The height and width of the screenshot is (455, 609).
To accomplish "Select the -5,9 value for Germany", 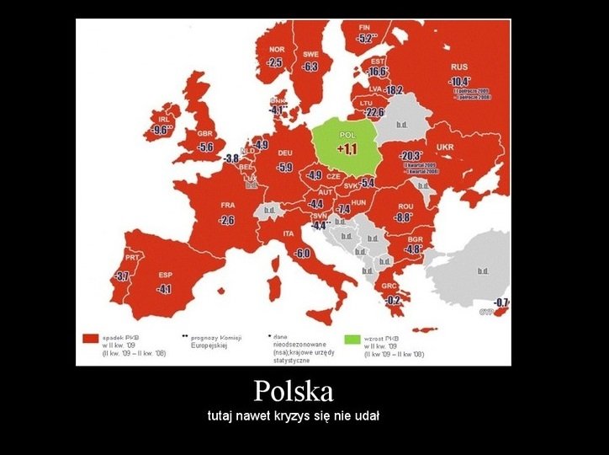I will click(x=284, y=168).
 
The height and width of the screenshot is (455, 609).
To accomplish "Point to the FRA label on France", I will click(x=227, y=205).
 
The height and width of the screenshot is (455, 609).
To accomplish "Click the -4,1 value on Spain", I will click(x=163, y=289).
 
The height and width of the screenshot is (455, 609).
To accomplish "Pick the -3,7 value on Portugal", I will click(x=122, y=276).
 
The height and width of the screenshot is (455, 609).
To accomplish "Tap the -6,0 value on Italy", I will click(x=303, y=254).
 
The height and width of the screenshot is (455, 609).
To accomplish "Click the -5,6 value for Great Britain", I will click(x=204, y=147).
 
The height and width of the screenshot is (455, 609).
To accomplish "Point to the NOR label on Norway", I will click(x=277, y=49).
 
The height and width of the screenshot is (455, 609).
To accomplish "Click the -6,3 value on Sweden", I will click(x=310, y=67).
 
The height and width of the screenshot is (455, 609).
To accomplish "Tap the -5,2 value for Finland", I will click(x=366, y=38).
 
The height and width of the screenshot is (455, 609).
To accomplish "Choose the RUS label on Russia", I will click(x=459, y=67).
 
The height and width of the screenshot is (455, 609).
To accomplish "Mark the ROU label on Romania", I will click(x=405, y=206).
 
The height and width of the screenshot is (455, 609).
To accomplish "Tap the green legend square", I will click(x=352, y=339).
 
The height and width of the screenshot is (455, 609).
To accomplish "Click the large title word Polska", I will click(x=294, y=391).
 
